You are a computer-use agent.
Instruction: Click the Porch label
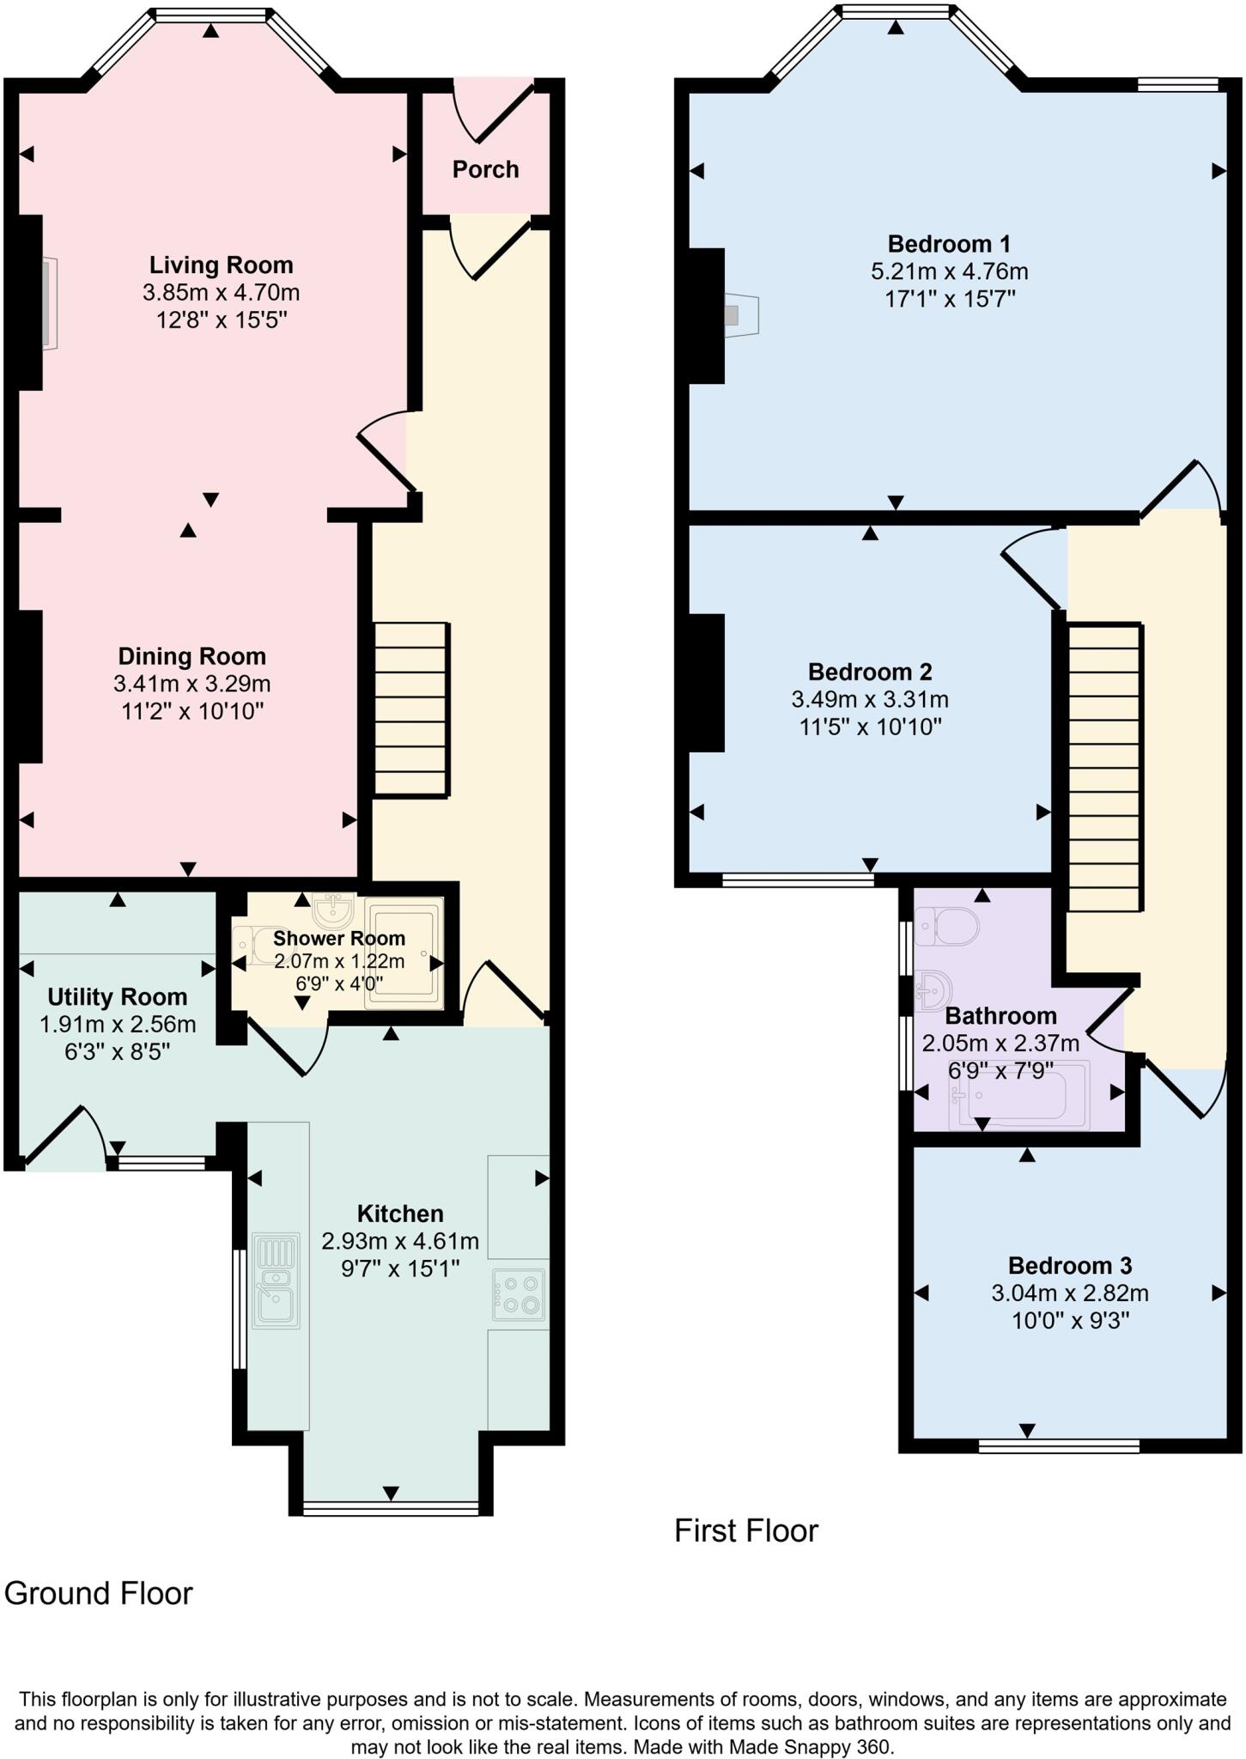(485, 169)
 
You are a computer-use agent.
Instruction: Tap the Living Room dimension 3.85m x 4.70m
(221, 293)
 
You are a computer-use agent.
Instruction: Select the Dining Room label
(191, 656)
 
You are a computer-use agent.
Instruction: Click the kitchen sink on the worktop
(276, 1281)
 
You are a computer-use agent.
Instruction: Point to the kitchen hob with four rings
(518, 1293)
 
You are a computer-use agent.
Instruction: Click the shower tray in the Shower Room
(404, 953)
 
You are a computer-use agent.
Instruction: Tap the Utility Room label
(117, 997)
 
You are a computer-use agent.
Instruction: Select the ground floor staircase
(411, 709)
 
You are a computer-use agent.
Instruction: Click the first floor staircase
(1105, 767)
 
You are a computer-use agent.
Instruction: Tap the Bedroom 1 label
(949, 243)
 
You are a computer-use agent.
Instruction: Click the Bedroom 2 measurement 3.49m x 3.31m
(870, 699)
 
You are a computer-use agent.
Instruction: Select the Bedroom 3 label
(1069, 1265)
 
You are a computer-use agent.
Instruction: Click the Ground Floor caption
(99, 1593)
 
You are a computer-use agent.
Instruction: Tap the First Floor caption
(745, 1531)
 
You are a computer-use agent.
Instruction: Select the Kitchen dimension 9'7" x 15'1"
(400, 1269)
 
